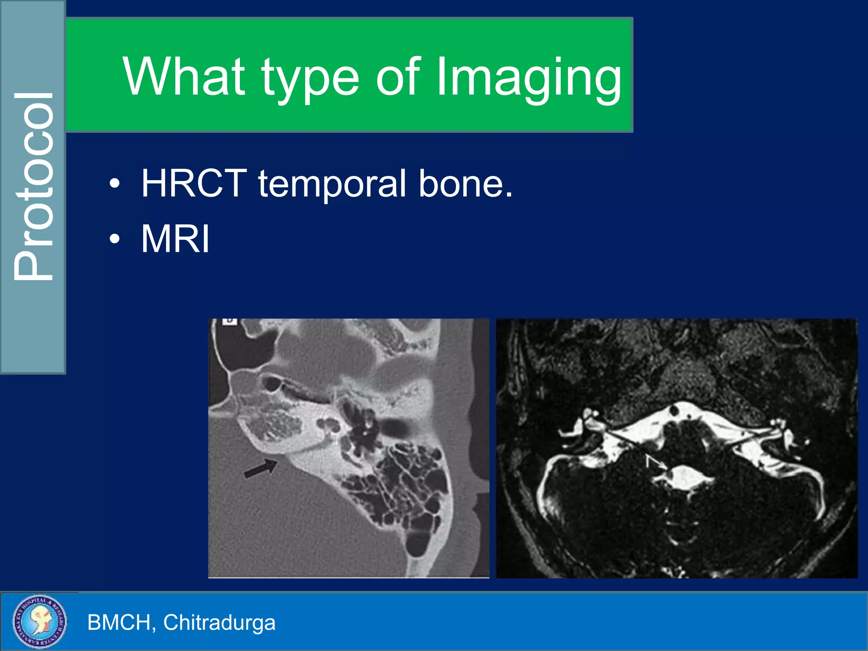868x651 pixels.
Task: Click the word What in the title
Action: (184, 77)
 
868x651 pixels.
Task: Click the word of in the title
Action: (398, 77)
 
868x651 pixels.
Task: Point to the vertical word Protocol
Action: (34, 186)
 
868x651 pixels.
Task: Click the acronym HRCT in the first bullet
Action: (194, 183)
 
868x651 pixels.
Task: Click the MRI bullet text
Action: (175, 239)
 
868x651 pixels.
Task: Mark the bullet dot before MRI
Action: (114, 239)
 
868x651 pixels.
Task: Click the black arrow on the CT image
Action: (261, 468)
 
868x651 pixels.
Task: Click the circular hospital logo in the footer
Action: (39, 621)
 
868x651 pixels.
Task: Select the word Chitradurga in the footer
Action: (219, 622)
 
